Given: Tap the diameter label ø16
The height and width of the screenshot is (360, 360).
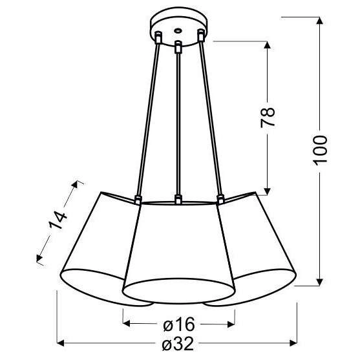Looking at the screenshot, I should (x=176, y=323).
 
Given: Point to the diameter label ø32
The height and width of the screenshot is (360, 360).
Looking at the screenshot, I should (x=176, y=344).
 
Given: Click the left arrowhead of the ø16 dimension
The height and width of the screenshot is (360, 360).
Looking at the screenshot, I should (x=127, y=322).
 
